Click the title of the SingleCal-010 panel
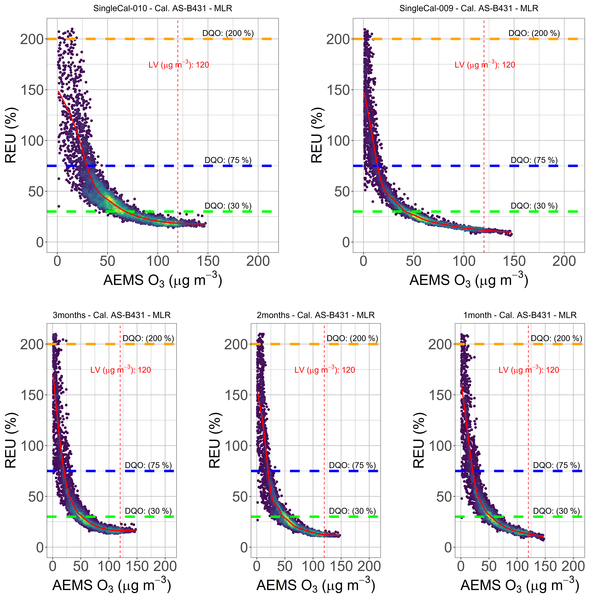[163, 8]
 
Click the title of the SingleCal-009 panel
[469, 8]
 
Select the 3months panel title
[112, 315]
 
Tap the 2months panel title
[316, 315]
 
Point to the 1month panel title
[520, 315]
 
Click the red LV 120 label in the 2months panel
[325, 370]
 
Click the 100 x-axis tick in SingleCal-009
[464, 262]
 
